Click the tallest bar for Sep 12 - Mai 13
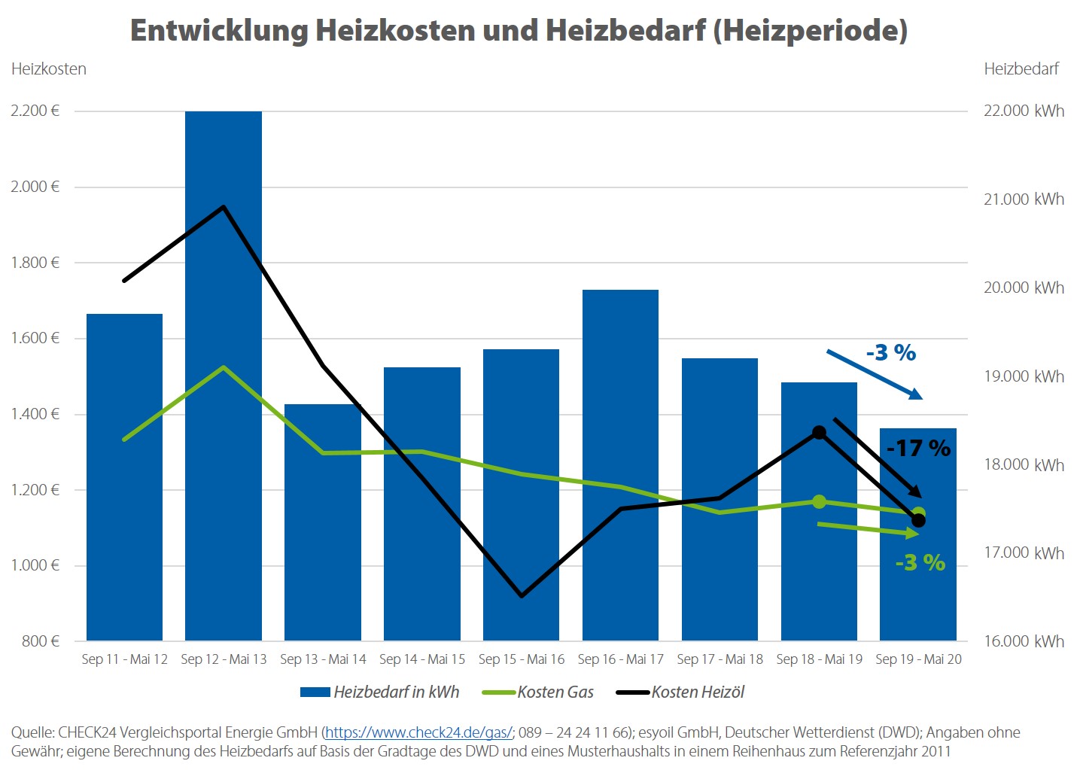[x=224, y=376]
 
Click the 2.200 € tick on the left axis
[x=35, y=111]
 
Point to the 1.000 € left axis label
[x=35, y=565]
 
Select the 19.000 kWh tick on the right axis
[x=1024, y=376]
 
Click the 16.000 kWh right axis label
[x=1024, y=641]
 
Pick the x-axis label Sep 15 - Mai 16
[x=522, y=659]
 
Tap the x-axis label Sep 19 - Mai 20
[x=918, y=659]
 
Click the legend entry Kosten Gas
[x=555, y=692]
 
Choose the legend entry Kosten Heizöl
[x=698, y=692]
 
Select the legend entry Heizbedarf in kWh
[x=396, y=692]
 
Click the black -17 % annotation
[x=918, y=449]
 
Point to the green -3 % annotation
[x=920, y=562]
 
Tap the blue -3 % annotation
[x=891, y=352]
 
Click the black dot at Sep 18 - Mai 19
[x=819, y=433]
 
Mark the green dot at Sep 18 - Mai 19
[x=819, y=501]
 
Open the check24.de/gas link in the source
[x=418, y=732]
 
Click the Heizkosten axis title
[x=49, y=69]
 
